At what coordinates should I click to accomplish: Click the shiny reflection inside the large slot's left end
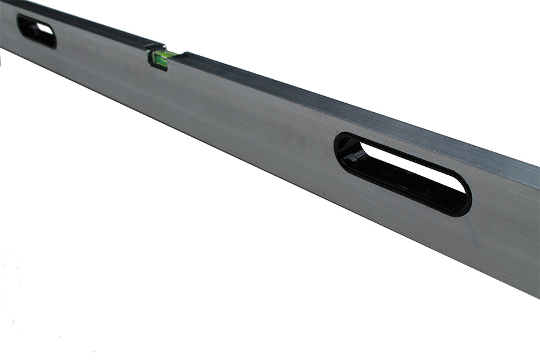[356, 155]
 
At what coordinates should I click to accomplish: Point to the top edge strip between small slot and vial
[96, 27]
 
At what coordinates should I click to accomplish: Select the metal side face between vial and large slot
[252, 120]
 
